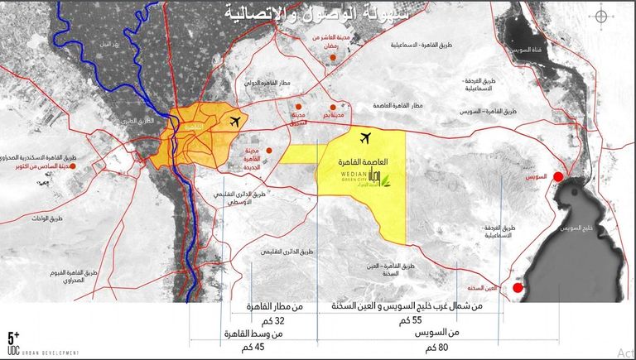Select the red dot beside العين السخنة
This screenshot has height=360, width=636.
click(x=518, y=287)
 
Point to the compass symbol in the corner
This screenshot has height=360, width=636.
click(x=605, y=19)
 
